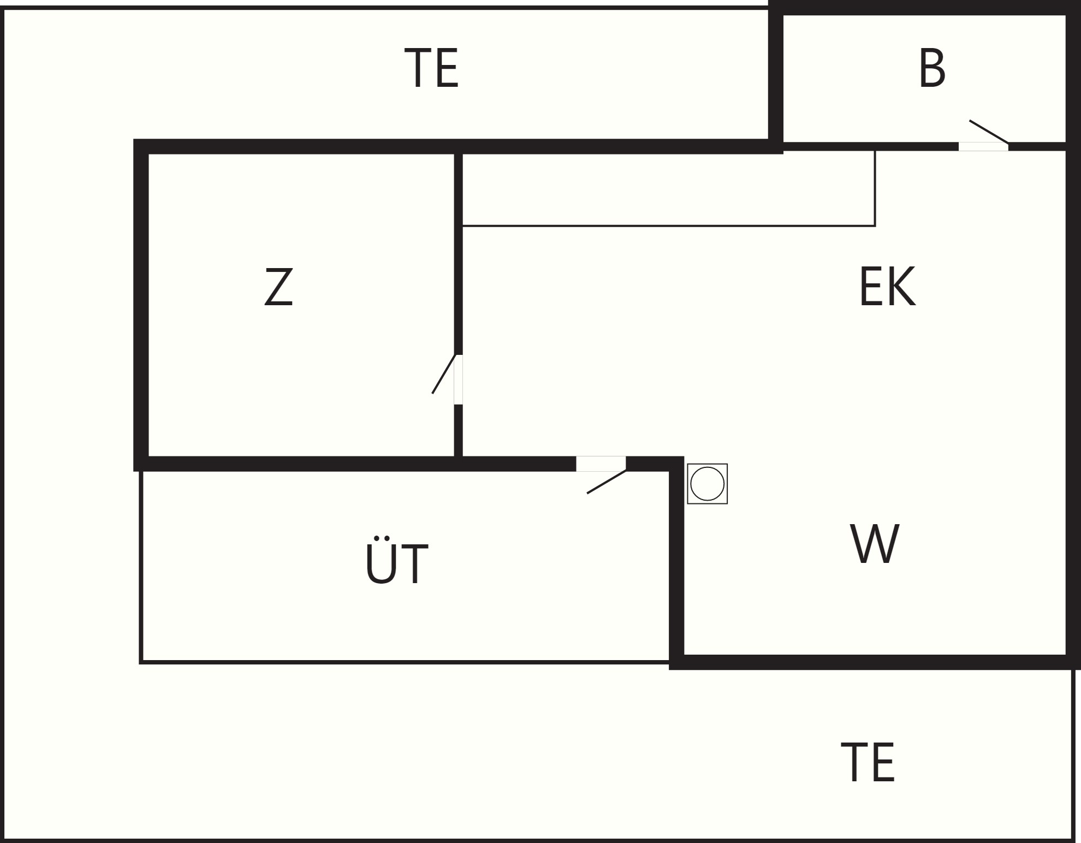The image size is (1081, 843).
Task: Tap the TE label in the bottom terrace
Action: tap(868, 762)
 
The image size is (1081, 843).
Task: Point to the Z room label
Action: tap(278, 287)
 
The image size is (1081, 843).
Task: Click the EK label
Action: tap(887, 287)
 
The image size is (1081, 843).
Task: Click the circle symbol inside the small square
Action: tap(707, 484)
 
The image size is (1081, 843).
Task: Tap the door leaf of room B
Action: tap(989, 132)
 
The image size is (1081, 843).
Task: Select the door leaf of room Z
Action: tap(443, 374)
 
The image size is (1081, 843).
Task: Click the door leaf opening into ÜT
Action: tap(606, 482)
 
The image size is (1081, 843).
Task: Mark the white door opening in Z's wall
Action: tap(459, 379)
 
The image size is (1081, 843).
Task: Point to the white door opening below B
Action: tap(983, 147)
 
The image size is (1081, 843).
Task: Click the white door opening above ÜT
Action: tap(601, 464)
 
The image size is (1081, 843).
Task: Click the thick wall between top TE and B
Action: tap(776, 76)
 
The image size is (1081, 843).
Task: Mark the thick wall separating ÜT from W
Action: tap(676, 562)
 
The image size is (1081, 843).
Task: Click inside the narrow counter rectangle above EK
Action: tap(668, 189)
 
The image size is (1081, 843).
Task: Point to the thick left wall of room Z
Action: tap(141, 305)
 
